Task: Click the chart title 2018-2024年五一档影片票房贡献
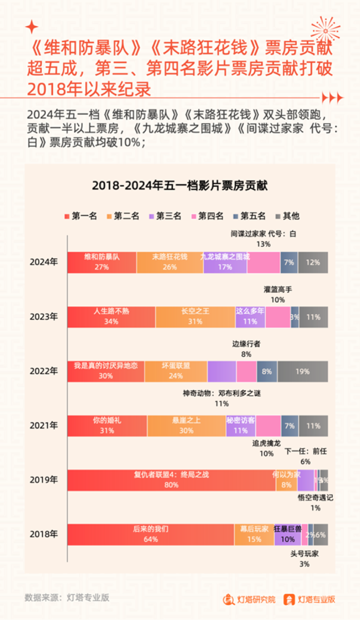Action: [180, 186]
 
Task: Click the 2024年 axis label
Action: [44, 262]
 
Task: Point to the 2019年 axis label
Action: [44, 480]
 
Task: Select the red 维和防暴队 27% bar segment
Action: [102, 262]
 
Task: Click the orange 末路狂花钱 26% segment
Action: [170, 262]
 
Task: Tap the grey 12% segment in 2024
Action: [313, 262]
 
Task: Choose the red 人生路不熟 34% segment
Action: [111, 317]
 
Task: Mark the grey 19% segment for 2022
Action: [303, 371]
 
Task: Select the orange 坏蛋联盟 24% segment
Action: [176, 371]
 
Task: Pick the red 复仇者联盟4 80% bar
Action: [171, 480]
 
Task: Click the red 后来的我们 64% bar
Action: [151, 535]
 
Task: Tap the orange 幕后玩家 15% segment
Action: [254, 535]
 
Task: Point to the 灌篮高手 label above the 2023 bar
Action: [278, 290]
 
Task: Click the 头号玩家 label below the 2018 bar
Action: [304, 554]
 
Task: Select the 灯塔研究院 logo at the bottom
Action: [249, 599]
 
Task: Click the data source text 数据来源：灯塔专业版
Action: [67, 597]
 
